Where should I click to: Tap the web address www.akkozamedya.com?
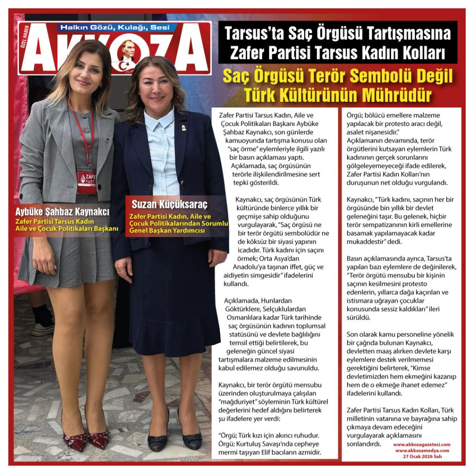coord(422,450)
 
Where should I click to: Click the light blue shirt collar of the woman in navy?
coord(160,122)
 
